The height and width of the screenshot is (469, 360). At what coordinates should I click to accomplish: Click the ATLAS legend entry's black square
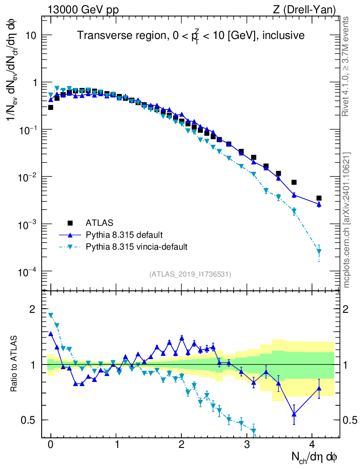click(x=70, y=223)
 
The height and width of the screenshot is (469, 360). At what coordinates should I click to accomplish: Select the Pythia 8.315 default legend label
click(x=124, y=235)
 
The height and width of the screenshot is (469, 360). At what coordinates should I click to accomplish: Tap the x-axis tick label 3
click(x=247, y=445)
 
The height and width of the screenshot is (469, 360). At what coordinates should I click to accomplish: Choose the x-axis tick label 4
click(x=312, y=445)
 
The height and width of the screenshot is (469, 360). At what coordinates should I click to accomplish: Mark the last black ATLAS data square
click(x=319, y=198)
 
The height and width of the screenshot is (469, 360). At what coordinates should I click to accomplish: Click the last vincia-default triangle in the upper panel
click(x=319, y=251)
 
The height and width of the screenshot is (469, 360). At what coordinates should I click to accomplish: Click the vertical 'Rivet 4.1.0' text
click(x=346, y=66)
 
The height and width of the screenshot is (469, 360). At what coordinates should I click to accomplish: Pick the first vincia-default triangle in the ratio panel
click(x=51, y=315)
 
